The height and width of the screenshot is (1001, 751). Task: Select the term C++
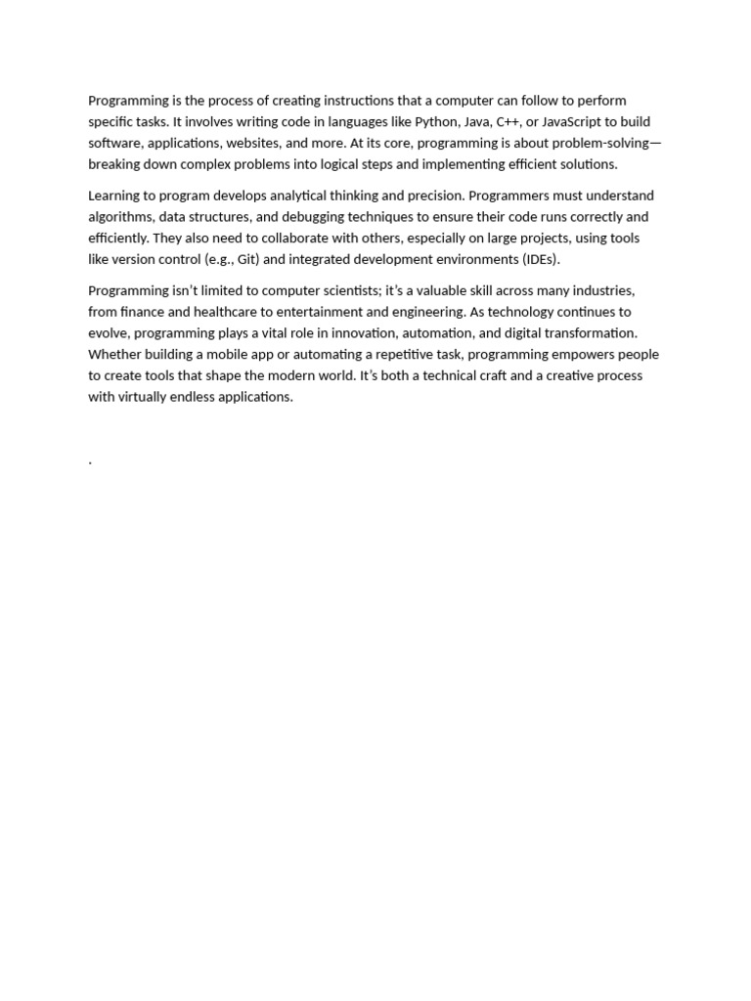click(x=509, y=122)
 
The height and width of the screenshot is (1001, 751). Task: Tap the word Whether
click(x=116, y=354)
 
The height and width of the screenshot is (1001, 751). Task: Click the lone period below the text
click(x=90, y=461)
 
